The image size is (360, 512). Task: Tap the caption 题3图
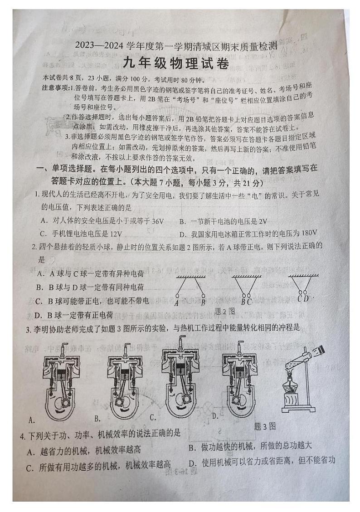[265, 426]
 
